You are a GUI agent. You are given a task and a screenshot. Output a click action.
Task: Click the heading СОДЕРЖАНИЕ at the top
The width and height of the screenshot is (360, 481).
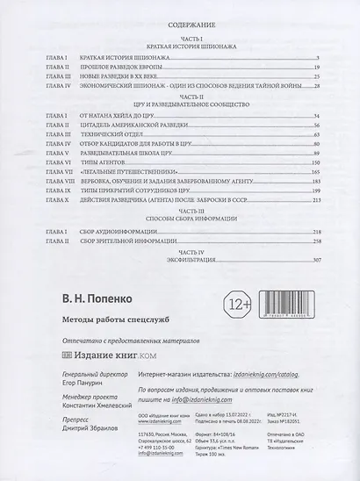[x=181, y=27]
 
